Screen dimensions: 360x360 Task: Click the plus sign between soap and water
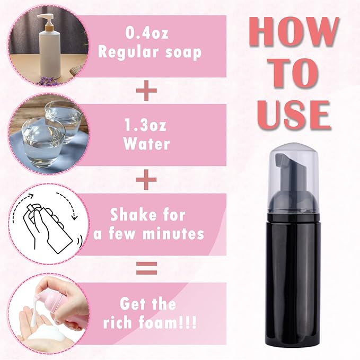click(x=147, y=91)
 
